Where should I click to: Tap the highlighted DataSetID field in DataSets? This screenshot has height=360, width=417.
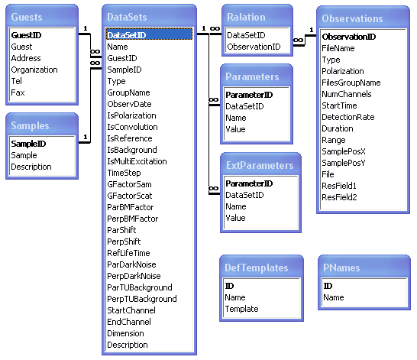[x=127, y=34]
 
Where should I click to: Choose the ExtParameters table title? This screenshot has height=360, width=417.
[x=257, y=166]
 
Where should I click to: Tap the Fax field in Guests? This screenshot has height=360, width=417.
[x=18, y=92]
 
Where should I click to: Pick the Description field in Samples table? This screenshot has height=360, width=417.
[x=31, y=167]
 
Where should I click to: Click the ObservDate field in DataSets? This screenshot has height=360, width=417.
[x=129, y=104]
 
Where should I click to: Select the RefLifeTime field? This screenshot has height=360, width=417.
[x=128, y=253]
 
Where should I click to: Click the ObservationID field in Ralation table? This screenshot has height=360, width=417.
[x=254, y=47]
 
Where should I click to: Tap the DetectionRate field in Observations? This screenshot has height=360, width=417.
[x=348, y=117]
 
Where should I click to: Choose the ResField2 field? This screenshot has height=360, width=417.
[x=340, y=197]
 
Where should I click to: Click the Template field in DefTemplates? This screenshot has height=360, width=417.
[x=241, y=309]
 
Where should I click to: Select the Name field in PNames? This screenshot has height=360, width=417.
[x=334, y=297]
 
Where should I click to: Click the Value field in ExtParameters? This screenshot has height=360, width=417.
[x=235, y=218]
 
